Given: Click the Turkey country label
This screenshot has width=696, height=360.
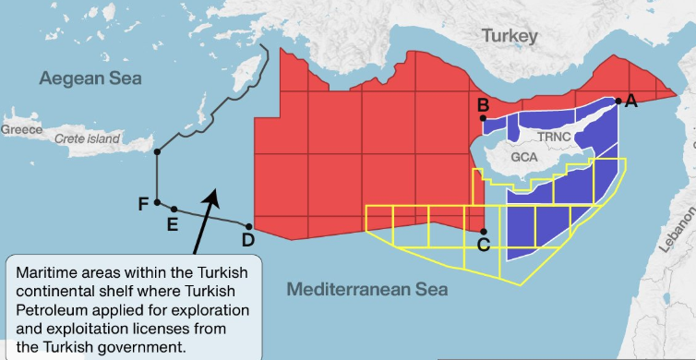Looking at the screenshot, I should [509, 36].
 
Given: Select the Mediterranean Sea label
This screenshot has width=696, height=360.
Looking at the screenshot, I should [366, 290].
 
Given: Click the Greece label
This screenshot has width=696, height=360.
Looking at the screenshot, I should [21, 130].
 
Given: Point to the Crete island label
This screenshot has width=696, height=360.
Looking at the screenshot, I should [88, 138].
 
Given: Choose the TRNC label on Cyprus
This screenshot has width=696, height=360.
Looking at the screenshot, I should [556, 137].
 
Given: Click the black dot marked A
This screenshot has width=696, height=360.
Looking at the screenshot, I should [618, 102].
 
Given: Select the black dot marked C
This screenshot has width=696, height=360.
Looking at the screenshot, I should [484, 231].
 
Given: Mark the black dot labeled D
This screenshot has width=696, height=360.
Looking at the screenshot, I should [250, 225].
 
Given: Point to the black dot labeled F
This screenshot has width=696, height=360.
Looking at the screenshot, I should [158, 202].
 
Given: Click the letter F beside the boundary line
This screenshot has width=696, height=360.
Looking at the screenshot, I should [143, 204].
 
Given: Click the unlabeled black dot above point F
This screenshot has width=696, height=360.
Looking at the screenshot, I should [158, 151].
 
